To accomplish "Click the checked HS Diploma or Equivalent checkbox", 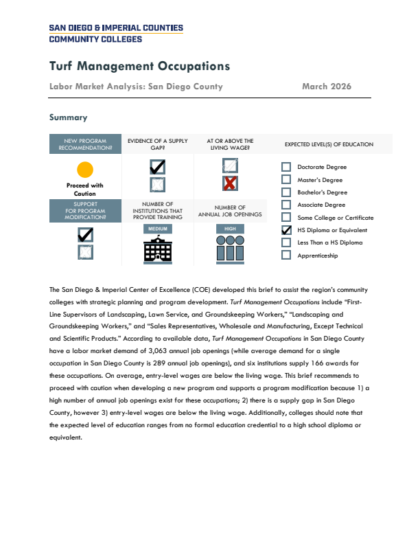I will [286, 230].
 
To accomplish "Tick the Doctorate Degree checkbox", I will [286, 167].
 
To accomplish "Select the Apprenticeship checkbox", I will [286, 256].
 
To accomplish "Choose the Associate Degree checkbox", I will [286, 205].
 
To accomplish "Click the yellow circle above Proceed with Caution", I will [85, 169].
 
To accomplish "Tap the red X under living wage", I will [230, 183].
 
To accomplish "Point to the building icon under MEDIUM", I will [158, 251].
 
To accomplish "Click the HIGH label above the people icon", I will [230, 229].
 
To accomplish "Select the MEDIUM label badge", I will [158, 229].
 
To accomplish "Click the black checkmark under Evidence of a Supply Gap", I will [157, 166].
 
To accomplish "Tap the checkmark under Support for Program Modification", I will [86, 234].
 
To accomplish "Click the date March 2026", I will [326, 87].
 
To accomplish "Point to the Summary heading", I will [68, 118].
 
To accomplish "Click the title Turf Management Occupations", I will [139, 67].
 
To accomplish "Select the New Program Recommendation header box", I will [85, 144].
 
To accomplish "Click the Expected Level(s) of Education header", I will [329, 144].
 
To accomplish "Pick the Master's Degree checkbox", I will [286, 179].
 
